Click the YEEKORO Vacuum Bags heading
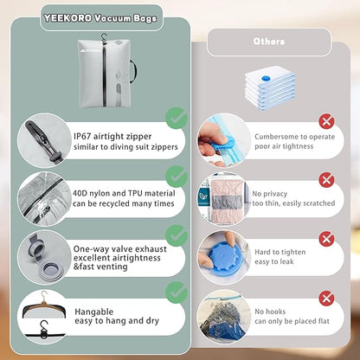[100, 18]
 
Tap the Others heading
[269, 42]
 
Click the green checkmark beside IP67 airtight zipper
[177, 118]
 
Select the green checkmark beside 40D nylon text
[177, 177]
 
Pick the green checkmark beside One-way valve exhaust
[177, 235]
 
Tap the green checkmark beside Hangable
[177, 292]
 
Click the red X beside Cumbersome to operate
[326, 121]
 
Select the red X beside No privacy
[326, 180]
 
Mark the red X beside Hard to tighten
[326, 239]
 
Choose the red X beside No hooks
[326, 299]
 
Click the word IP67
[82, 136]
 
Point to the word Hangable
[94, 312]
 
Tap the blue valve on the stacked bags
[265, 78]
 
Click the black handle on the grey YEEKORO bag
[133, 70]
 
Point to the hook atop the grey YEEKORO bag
[104, 38]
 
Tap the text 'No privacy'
[270, 194]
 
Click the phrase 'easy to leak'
[274, 261]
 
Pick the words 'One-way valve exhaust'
[120, 249]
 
